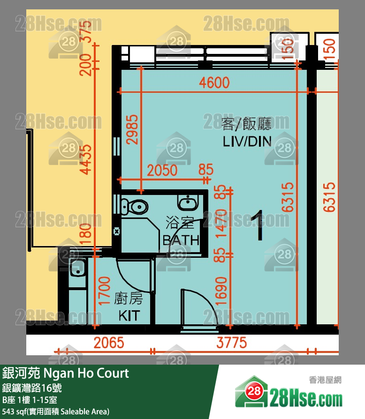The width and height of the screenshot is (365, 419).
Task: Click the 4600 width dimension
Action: click(214, 83)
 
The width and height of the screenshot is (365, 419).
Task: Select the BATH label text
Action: click(181, 240)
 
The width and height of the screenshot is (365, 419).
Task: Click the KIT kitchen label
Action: click(129, 315)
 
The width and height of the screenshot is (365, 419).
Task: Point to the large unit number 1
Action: click(258, 225)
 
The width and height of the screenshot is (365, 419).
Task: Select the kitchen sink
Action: click(76, 269)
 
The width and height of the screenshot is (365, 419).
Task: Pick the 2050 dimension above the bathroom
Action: click(162, 170)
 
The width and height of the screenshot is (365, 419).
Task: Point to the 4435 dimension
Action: click(85, 153)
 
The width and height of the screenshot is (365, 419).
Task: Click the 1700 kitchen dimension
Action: click(104, 292)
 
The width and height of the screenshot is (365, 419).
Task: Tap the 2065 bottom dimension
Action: click(109, 343)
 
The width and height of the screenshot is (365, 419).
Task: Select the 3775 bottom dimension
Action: click(231, 343)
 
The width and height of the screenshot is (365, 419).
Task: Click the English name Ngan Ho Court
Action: click(86, 374)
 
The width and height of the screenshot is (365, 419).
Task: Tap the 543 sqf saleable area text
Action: click(56, 412)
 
